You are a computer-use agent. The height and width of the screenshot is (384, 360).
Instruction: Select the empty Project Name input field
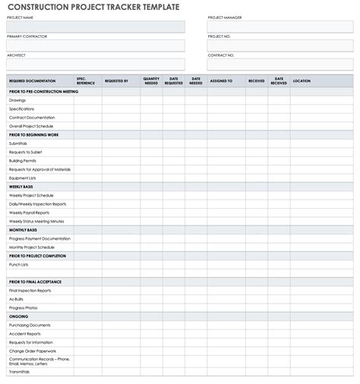click(96, 27)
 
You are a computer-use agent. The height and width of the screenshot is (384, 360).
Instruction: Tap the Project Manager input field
click(280, 27)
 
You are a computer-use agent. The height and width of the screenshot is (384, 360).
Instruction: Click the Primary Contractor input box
click(96, 46)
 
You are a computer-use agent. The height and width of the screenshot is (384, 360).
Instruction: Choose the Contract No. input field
click(280, 65)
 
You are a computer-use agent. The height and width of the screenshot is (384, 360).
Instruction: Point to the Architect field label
click(16, 55)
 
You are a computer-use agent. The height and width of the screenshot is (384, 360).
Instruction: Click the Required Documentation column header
click(32, 80)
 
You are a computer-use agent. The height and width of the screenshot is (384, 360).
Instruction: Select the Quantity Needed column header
click(151, 80)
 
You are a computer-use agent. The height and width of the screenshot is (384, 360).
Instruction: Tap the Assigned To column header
click(221, 80)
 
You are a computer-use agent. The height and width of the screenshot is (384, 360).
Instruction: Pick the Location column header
click(302, 80)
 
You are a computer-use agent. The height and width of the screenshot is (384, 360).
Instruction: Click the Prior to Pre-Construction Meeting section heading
click(43, 91)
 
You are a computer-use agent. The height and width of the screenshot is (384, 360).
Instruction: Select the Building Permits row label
click(23, 161)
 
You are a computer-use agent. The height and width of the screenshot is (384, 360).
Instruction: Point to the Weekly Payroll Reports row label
click(29, 212)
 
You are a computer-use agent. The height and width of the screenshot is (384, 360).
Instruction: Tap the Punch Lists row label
click(18, 265)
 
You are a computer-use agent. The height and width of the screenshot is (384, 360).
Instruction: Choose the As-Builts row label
click(16, 299)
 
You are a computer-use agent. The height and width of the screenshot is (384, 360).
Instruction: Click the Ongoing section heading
click(18, 316)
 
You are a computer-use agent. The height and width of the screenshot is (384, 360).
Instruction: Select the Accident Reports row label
click(24, 334)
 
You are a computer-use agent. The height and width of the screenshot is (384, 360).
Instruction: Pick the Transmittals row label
click(20, 372)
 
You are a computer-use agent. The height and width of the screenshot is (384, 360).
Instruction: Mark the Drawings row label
click(17, 100)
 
